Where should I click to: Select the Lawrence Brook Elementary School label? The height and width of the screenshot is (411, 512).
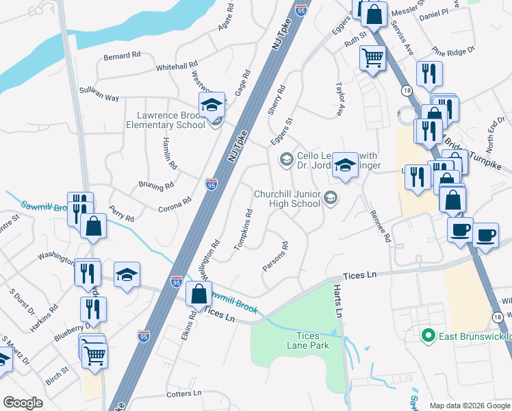(165, 121)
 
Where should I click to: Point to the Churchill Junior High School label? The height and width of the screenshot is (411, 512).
(287, 199)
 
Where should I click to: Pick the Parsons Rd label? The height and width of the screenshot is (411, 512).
(274, 256)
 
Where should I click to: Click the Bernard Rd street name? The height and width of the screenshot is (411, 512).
(122, 56)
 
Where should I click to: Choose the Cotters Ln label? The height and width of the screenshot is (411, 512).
(184, 394)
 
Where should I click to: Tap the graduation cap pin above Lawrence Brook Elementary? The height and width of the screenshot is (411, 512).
(212, 105)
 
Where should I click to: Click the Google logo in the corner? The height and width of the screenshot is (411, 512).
(23, 403)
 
